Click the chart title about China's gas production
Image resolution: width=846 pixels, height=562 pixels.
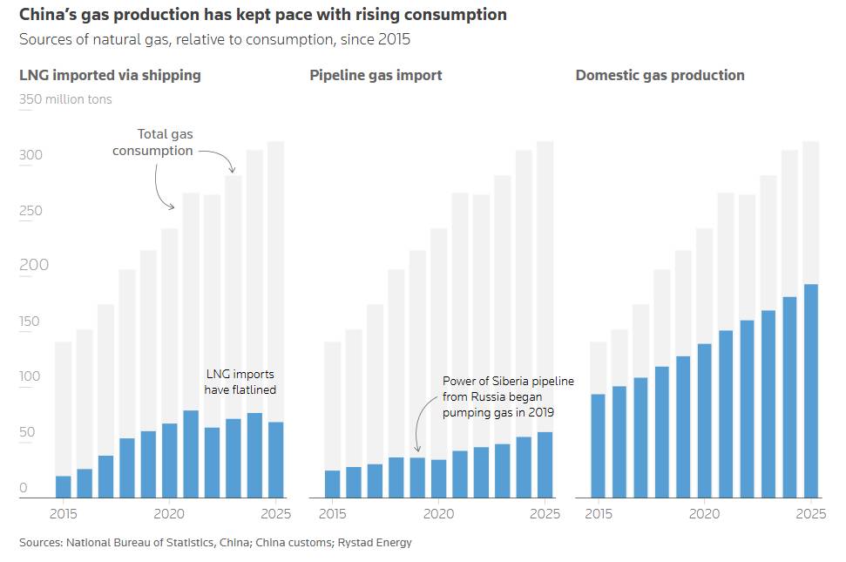[x=262, y=15]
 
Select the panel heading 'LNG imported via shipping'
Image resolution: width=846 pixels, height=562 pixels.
[x=110, y=75]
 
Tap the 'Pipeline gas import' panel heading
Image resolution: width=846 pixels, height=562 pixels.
[x=376, y=75]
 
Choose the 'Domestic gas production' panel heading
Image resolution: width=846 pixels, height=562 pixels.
[x=660, y=75]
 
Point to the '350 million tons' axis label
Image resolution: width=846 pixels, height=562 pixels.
[x=65, y=99]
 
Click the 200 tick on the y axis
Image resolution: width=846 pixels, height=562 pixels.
[x=30, y=265]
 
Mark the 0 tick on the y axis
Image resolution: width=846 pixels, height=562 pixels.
[x=24, y=488]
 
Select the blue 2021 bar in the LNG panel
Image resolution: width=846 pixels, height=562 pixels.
[x=191, y=454]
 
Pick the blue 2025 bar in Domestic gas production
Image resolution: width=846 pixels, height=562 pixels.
[x=810, y=391]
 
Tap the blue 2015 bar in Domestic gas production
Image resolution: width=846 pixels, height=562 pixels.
[x=598, y=446]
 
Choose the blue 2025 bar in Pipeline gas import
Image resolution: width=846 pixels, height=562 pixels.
[x=545, y=464]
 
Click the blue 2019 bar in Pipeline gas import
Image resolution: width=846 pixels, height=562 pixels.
[x=417, y=477]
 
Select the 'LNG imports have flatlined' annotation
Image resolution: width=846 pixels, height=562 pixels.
[x=240, y=382]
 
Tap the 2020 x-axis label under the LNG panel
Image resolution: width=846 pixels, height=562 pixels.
[x=169, y=513]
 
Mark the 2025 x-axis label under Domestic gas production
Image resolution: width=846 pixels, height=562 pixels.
[x=810, y=513]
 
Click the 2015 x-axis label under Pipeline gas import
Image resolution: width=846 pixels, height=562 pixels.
[x=331, y=513]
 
